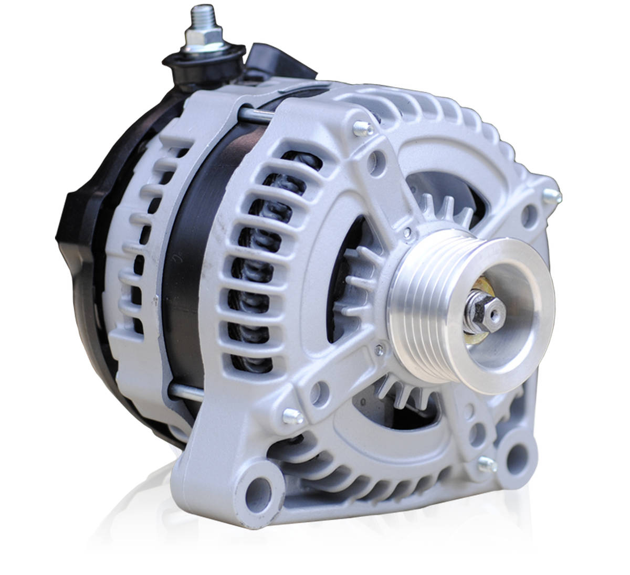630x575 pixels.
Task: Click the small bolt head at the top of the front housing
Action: pyautogui.click(x=361, y=127)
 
